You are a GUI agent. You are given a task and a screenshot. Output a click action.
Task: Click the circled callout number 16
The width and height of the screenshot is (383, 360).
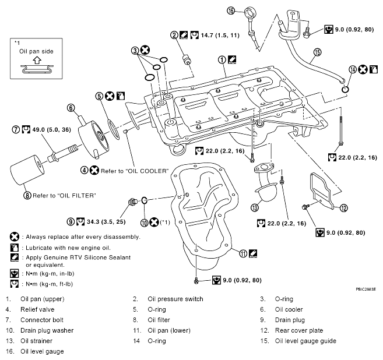tap(231, 10)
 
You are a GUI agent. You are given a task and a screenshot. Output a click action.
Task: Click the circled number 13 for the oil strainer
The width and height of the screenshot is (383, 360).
tap(255, 207)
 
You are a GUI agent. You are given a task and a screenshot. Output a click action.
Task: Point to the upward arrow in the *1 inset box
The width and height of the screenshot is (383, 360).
tap(37, 60)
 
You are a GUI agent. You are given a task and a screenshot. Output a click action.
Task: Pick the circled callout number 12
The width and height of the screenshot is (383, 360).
tap(344, 208)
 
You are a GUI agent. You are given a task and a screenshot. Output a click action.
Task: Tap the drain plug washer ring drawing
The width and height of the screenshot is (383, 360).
tap(144, 200)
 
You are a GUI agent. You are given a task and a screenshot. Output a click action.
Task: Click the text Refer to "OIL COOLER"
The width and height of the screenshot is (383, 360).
tap(135, 171)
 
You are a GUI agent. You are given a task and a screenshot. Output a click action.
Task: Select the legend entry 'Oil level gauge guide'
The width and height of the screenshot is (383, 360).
tap(305, 341)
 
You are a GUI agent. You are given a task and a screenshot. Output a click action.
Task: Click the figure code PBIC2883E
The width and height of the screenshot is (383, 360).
tap(366, 290)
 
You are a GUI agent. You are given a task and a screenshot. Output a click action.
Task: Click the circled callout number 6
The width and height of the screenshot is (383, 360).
tap(71, 108)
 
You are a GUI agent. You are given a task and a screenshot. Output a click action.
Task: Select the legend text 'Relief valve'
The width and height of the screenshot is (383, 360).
tap(37, 309)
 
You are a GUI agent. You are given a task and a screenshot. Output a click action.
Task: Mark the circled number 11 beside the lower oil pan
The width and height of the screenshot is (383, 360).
tap(243, 253)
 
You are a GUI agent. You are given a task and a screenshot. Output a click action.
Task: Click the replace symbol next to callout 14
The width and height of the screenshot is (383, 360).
tap(363, 69)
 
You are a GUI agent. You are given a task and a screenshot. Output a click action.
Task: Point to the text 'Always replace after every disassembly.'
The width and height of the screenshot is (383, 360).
tap(83, 237)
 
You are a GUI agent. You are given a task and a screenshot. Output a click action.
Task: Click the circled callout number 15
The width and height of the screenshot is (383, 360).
tap(317, 52)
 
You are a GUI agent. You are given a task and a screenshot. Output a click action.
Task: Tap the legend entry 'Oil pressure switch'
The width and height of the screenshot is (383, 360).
tap(175, 299)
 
